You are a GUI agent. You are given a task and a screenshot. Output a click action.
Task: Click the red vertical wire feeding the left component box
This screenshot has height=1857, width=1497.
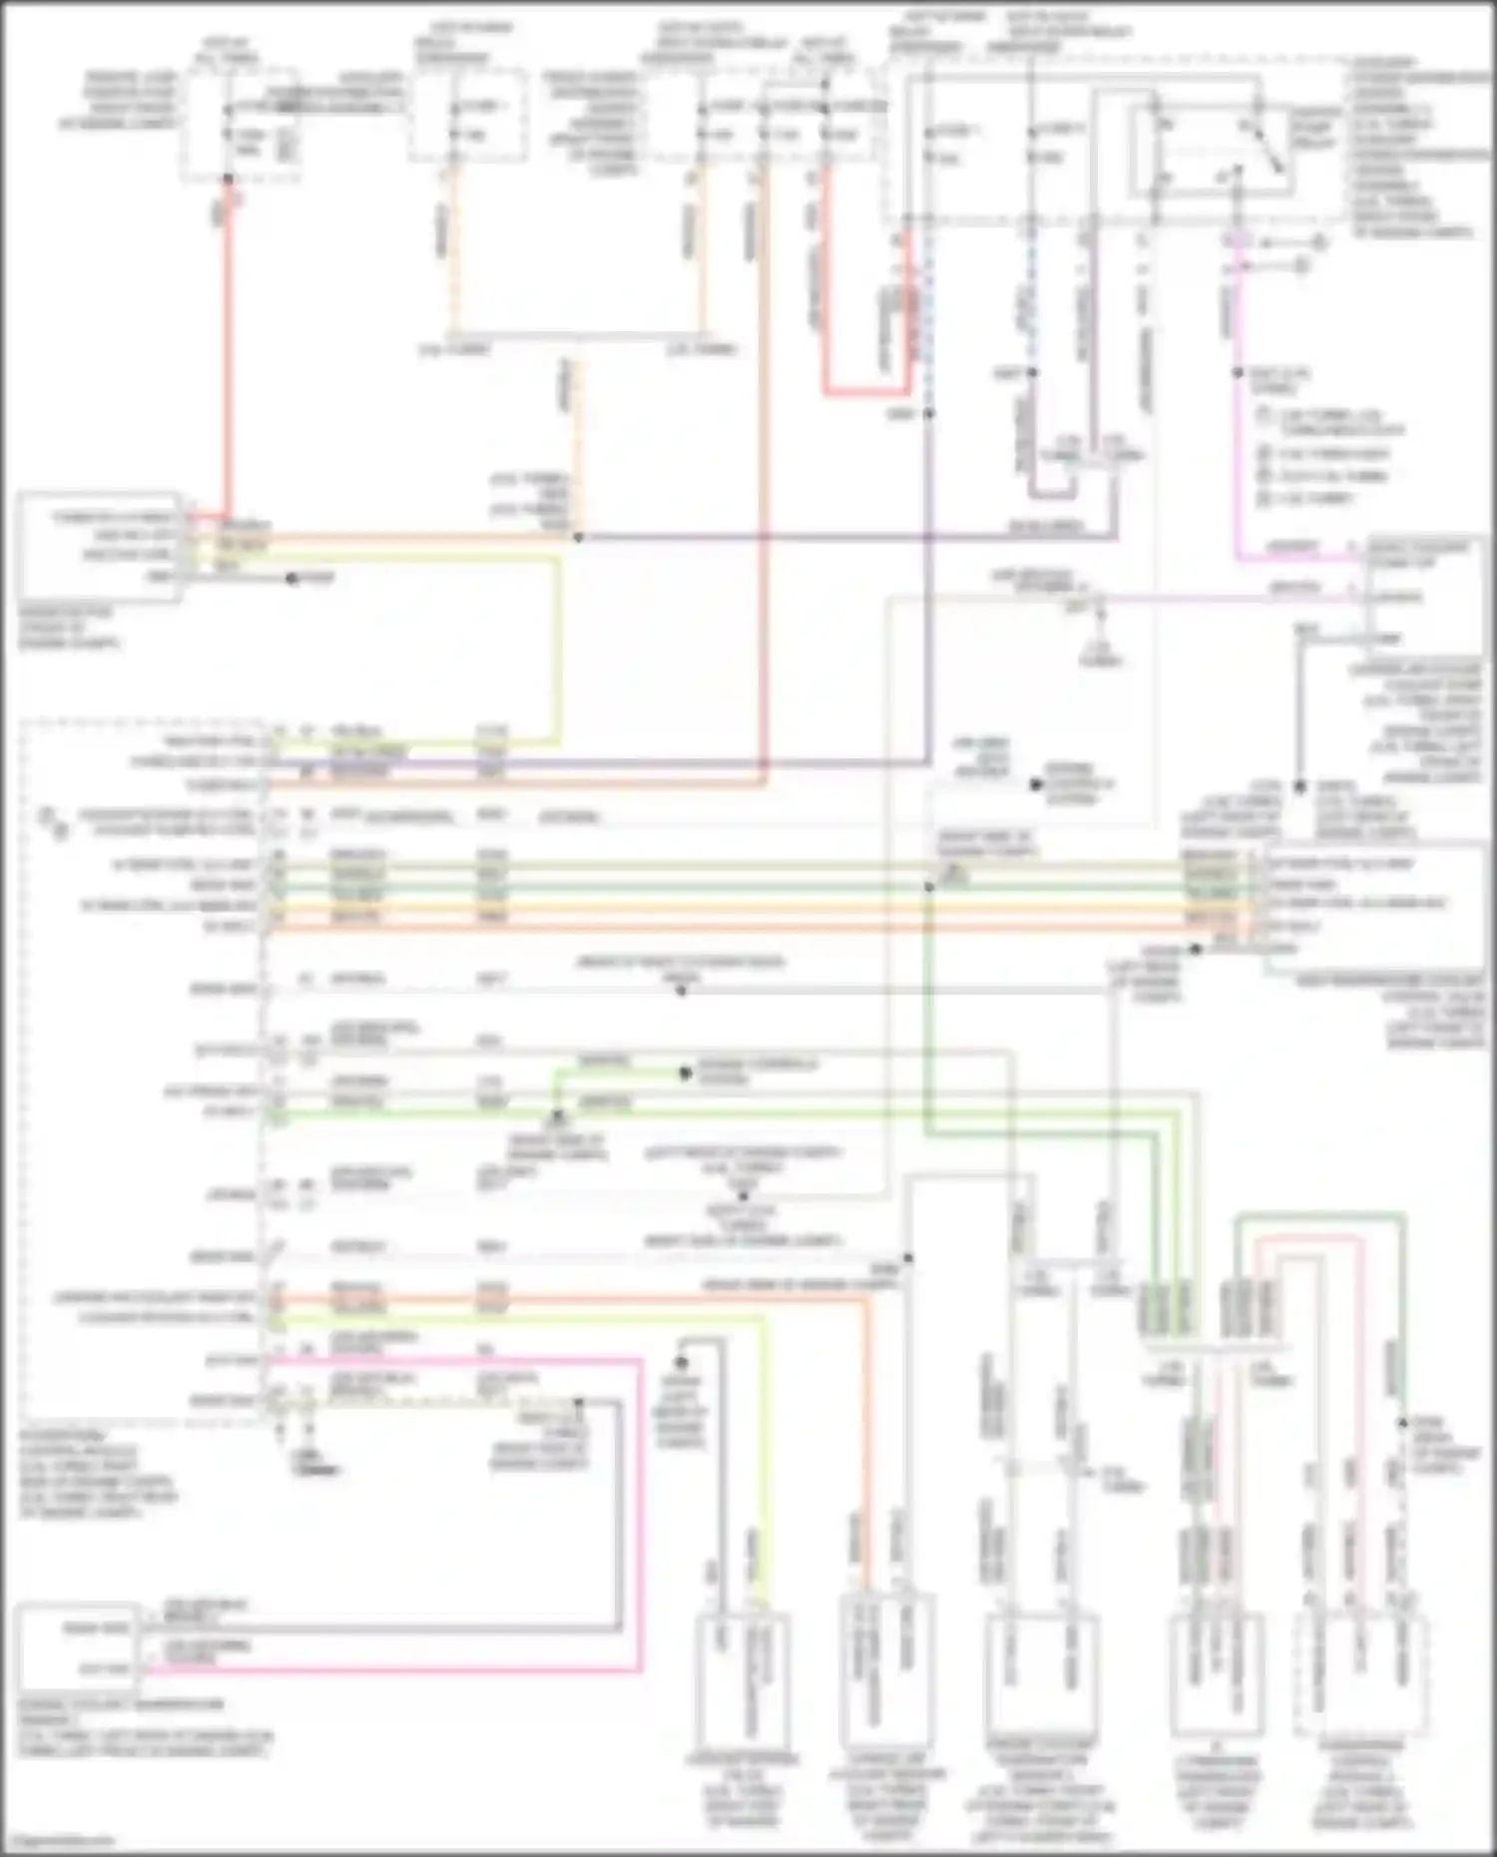point(229,349)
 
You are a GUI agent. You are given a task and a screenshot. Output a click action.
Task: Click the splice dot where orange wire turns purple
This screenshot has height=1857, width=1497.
point(578,538)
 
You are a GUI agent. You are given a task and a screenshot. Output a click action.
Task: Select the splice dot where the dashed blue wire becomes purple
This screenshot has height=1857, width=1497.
point(929,412)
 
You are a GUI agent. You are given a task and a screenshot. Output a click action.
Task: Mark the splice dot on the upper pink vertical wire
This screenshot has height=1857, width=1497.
point(1238,372)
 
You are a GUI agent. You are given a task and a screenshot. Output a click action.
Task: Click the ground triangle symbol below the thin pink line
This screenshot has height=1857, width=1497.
point(1100,639)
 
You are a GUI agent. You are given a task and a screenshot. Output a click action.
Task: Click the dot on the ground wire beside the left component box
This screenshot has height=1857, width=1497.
point(292,578)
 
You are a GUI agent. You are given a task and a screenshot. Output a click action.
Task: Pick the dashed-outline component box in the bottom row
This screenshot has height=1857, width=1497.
point(1361,1673)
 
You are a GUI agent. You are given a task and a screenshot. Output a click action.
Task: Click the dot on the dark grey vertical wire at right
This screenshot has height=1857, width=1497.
point(1299,786)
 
